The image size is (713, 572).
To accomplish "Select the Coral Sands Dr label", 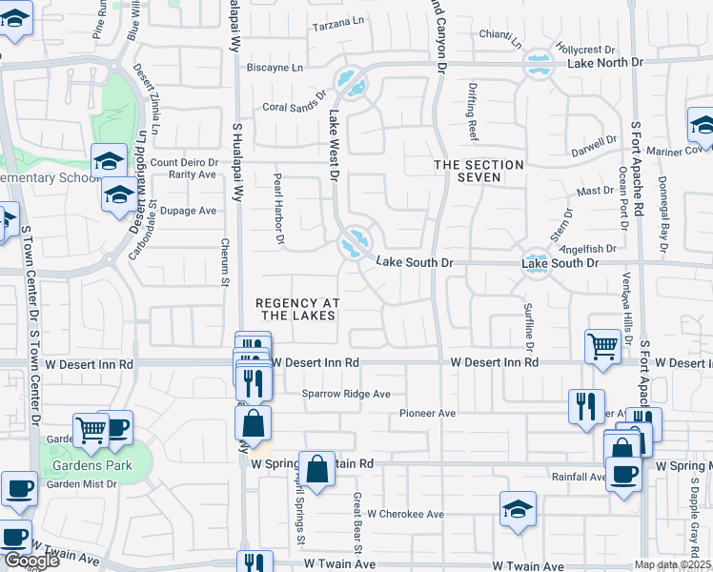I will (295, 108).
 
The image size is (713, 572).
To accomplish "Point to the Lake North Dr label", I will (605, 63).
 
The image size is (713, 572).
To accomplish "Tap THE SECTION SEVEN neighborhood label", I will (479, 172).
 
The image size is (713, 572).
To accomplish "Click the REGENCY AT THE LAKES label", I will (298, 309).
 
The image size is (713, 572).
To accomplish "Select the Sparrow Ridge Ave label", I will (347, 394).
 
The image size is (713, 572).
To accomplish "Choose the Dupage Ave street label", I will (189, 211).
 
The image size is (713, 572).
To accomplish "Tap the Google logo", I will (31, 561).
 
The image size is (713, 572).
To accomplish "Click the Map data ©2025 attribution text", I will (672, 564).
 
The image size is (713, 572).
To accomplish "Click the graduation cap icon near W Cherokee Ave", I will (518, 510).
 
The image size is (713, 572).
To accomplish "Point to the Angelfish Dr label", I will (589, 248).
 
